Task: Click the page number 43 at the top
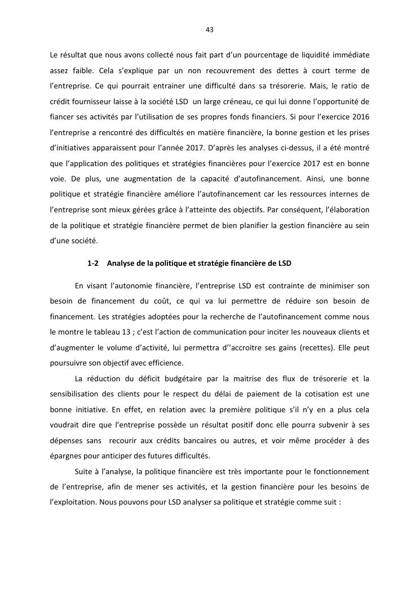coord(210,29)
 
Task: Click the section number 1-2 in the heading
coord(93,263)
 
